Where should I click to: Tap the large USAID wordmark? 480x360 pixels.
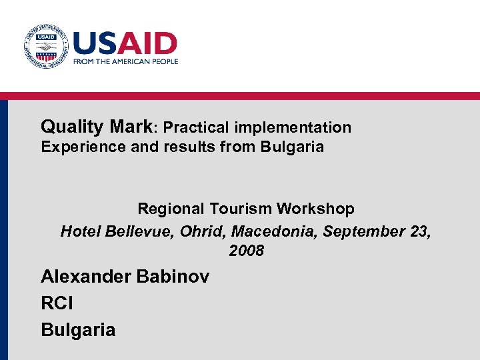125,43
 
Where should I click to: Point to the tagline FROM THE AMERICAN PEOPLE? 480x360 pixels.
125,61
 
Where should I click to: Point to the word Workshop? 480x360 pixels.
317,209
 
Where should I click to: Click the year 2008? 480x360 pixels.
246,251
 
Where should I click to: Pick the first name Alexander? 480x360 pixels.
86,276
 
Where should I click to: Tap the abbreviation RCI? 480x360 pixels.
57,303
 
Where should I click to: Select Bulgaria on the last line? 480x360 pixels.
78,330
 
